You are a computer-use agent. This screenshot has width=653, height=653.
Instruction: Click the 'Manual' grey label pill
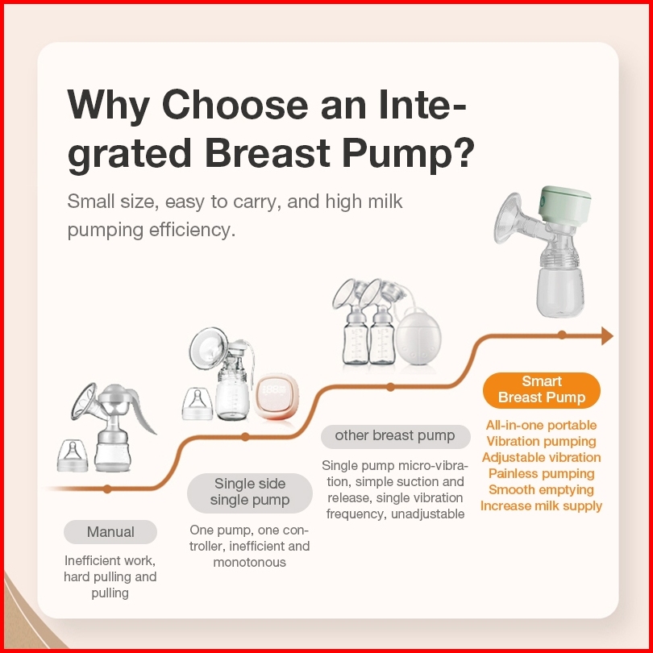point(110,532)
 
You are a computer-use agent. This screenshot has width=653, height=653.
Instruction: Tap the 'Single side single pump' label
point(250,492)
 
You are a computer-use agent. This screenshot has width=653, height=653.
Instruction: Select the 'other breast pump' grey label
point(395,435)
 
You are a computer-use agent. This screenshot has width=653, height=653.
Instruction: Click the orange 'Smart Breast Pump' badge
point(542,389)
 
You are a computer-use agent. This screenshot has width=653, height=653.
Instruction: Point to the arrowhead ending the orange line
point(607,335)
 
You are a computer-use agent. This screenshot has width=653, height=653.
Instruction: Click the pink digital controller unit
point(276,396)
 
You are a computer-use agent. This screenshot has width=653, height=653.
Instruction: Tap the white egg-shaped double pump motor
point(418,337)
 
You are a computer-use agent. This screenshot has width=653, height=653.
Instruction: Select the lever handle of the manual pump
point(143,410)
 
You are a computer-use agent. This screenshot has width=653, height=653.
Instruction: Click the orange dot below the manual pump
point(107,489)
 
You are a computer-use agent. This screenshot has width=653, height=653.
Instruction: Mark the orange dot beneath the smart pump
point(562,335)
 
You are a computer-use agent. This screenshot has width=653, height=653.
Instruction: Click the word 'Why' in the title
point(108,104)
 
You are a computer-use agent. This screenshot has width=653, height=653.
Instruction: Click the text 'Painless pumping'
point(542,473)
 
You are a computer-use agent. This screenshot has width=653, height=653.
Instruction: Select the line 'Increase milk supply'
point(542,505)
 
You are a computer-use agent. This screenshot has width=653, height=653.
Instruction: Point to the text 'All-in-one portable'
point(542,425)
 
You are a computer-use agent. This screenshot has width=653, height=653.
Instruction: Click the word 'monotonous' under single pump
point(249,562)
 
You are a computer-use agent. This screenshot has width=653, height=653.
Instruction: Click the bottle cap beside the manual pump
point(73,455)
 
